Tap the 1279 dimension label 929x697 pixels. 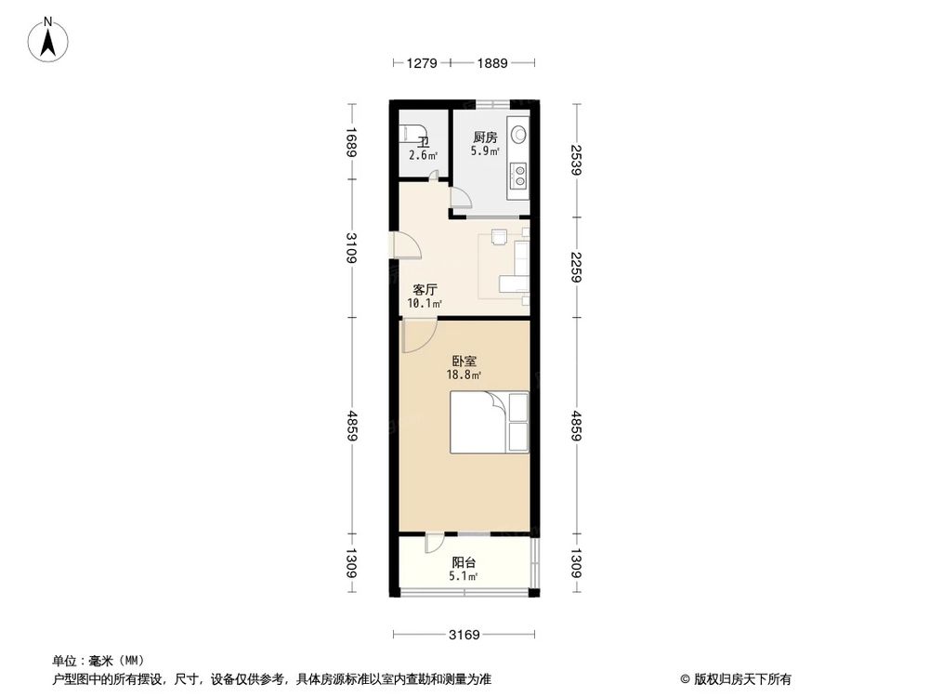(422, 64)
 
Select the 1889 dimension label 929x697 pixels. (492, 64)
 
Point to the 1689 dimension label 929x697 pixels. (351, 142)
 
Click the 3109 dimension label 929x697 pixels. (351, 249)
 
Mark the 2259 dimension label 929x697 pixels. (577, 268)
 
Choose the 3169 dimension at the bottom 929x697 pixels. (464, 636)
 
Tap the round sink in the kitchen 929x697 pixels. (518, 132)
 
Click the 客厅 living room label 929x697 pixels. (425, 289)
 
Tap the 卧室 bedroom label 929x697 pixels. (464, 361)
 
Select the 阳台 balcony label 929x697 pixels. (464, 562)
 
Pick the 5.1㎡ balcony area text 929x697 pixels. (463, 576)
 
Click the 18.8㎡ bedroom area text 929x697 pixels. (463, 375)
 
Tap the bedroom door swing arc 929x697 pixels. (418, 336)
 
